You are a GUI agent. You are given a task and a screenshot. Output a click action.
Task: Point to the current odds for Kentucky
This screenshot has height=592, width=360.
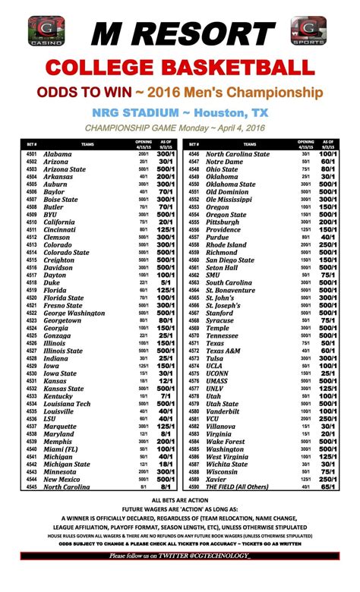click(x=166, y=396)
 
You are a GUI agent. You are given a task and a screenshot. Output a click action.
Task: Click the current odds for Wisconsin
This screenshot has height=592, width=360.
click(x=328, y=472)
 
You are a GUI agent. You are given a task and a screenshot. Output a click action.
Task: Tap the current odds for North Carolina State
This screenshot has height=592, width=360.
click(x=328, y=155)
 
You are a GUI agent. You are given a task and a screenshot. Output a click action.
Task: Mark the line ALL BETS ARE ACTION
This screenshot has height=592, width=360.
click(x=180, y=502)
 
